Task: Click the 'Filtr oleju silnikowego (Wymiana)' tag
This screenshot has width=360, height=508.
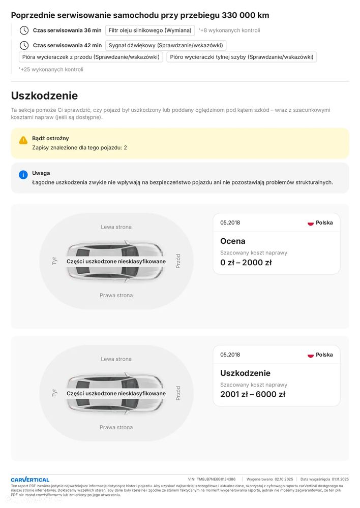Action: coord(150,30)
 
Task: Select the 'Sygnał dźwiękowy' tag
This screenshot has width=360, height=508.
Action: coord(165,46)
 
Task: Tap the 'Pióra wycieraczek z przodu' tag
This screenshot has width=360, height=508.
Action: coord(91,57)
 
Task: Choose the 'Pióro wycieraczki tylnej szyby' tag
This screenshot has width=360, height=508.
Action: coord(242,57)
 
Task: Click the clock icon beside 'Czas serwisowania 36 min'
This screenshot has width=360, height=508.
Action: coord(24,30)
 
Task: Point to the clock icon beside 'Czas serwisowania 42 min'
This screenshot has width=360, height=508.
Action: coord(24,46)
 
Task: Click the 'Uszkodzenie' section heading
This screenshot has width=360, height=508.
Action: coord(44,96)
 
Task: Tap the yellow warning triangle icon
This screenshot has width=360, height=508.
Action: coord(23,140)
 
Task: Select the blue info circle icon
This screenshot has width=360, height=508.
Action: coord(23,175)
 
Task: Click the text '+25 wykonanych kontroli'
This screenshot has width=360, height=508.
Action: coord(51,70)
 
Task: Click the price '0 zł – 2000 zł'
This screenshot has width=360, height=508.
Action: coord(246,263)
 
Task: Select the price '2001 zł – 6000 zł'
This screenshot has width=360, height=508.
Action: coord(252,394)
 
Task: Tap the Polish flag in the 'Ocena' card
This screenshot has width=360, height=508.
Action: coord(311,223)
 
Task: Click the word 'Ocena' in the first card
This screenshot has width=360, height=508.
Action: coord(233,241)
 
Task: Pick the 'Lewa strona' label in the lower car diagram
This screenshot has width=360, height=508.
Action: coord(116,359)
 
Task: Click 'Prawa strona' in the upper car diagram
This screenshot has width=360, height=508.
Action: coord(116,295)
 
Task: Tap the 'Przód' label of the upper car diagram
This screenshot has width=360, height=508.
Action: coord(178,261)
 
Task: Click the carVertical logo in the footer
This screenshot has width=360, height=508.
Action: coord(30,480)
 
